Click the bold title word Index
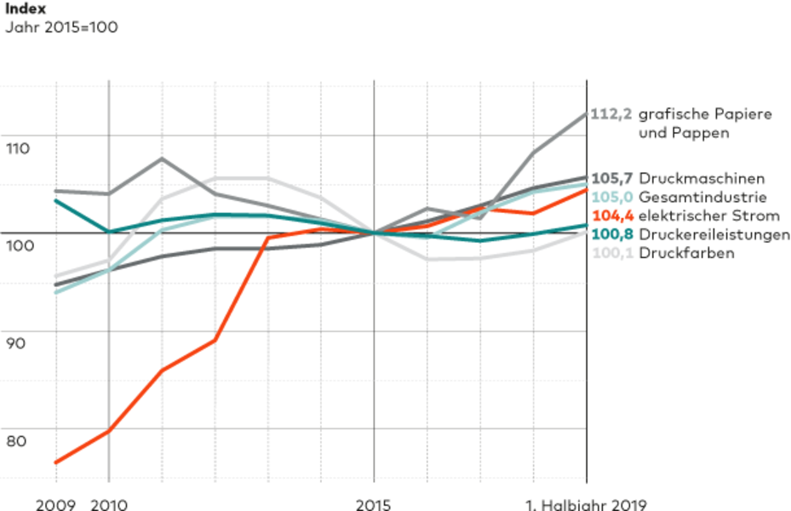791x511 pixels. [x=26, y=9]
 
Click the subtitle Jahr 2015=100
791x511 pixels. [x=61, y=27]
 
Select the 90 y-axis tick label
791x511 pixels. [x=16, y=343]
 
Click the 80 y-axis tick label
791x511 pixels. [x=16, y=441]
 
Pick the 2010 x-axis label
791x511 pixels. [x=109, y=505]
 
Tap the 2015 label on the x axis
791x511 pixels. [x=374, y=505]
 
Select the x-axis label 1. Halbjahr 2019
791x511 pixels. [x=586, y=505]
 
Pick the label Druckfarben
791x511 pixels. [x=686, y=253]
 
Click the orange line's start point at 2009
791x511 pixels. [x=56, y=462]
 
